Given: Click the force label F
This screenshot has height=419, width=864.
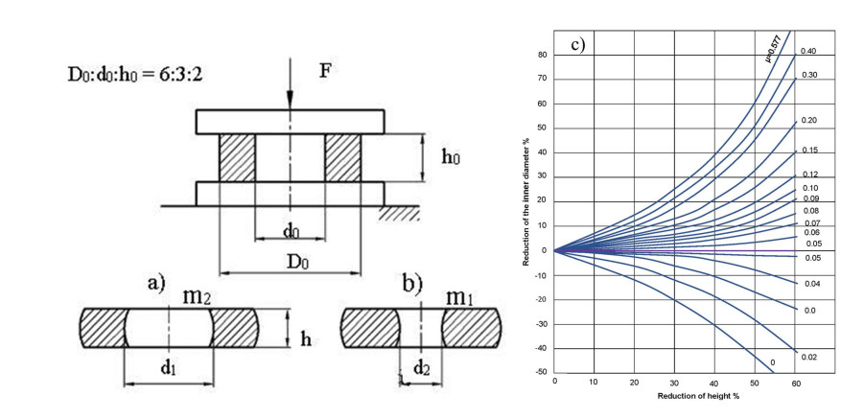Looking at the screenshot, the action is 326,71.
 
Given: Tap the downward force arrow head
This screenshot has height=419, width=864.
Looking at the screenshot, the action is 290,105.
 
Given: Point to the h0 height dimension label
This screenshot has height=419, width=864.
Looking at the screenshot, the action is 451,158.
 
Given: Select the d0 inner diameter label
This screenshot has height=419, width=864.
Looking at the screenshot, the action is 292,231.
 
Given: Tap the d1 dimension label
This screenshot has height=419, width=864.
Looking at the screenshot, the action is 169,368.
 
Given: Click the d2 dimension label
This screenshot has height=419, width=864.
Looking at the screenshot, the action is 422,368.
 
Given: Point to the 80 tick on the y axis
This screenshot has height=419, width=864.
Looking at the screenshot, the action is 544,55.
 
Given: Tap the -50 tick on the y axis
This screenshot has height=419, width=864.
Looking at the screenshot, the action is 543,373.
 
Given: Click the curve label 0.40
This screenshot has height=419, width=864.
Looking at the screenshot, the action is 808,51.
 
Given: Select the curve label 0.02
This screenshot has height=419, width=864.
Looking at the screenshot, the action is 808,358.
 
